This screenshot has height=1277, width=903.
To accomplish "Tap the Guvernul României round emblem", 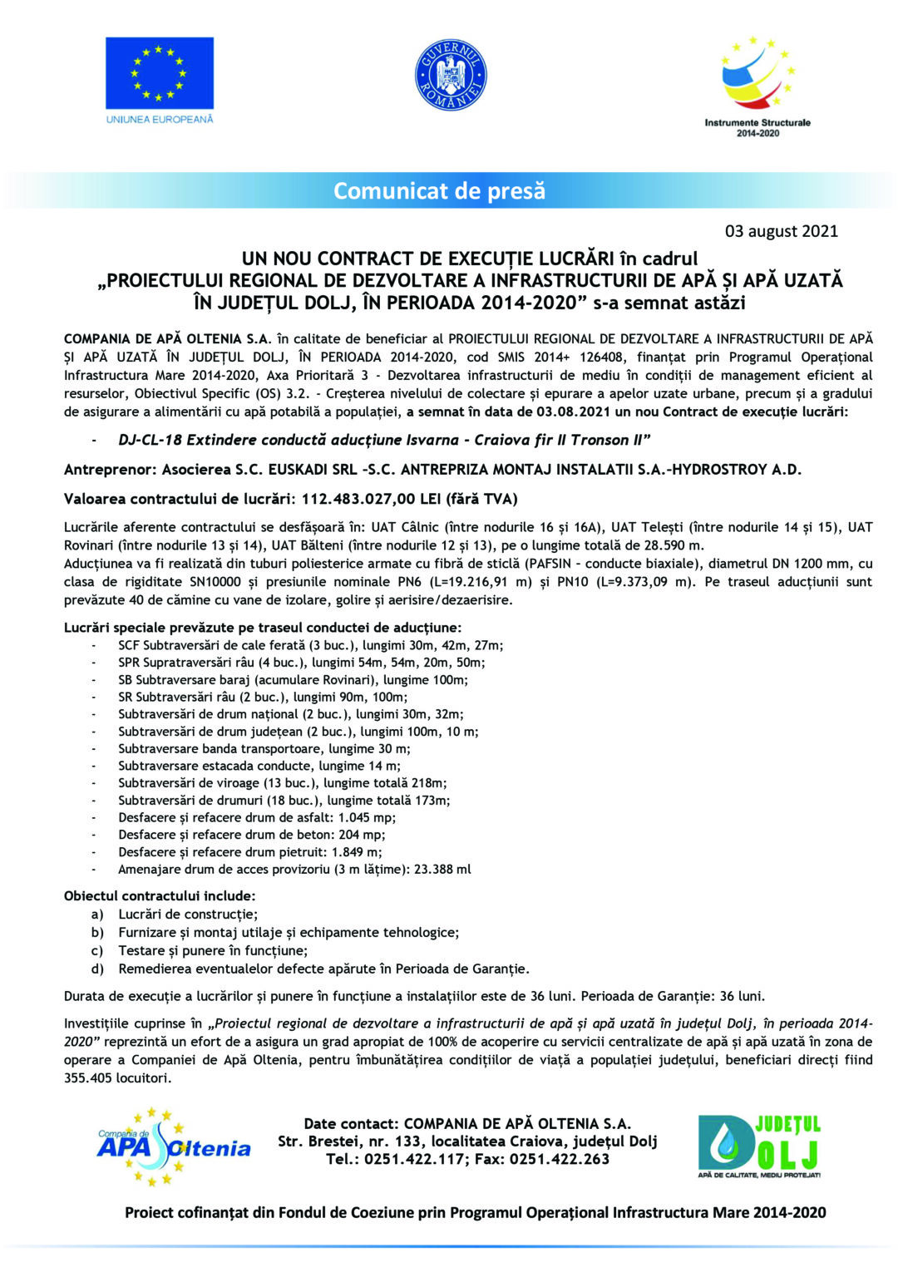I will point(451,76).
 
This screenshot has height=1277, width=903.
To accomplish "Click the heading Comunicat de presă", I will point(439,191).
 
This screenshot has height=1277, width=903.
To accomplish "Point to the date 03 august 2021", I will point(781,231).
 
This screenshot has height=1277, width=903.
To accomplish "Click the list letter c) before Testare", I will point(97,951).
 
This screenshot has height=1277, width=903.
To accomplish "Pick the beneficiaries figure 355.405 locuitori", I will point(117,1078).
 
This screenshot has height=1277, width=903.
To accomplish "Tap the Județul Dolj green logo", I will point(758,1146).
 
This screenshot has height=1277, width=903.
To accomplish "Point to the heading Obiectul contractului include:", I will point(160,896).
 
